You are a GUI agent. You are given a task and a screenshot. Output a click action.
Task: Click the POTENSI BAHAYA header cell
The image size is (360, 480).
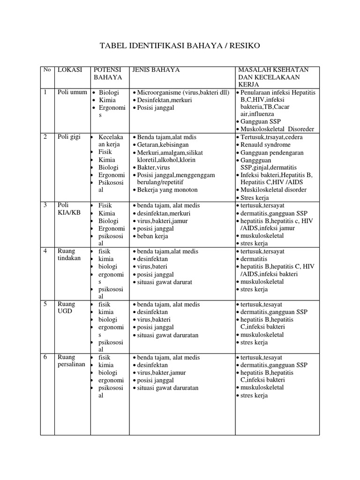pyautogui.click(x=108, y=74)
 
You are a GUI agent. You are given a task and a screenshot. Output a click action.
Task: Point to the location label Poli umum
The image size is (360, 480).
pyautogui.click(x=72, y=92)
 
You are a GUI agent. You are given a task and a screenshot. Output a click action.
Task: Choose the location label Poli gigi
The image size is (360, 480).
pyautogui.click(x=69, y=137)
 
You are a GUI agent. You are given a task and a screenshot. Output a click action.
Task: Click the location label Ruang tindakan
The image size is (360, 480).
pyautogui.click(x=69, y=255)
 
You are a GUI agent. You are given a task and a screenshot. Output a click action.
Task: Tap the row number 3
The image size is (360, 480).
pyautogui.click(x=45, y=205)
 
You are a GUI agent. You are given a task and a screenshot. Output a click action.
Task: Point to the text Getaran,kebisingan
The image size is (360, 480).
pyautogui.click(x=166, y=145)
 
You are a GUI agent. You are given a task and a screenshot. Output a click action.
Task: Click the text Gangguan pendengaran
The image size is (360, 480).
pyautogui.click(x=272, y=153)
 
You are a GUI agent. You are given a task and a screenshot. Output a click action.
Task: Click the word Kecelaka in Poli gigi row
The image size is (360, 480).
pyautogui.click(x=111, y=137)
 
